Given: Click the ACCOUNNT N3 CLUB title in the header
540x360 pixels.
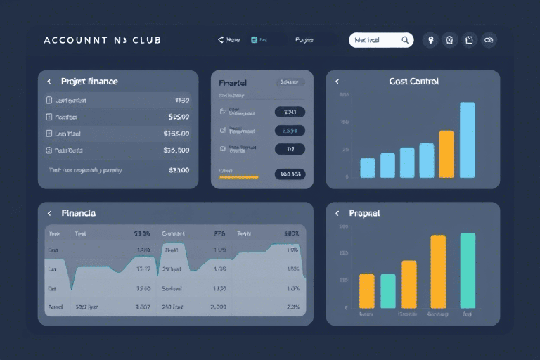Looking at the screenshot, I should coord(102,40).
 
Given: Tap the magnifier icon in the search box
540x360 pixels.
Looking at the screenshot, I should coord(405,40).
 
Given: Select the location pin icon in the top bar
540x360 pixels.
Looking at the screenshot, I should coord(431,40).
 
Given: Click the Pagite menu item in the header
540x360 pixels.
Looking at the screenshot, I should coord(304,40).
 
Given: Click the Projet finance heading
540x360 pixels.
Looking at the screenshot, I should coord(89,82).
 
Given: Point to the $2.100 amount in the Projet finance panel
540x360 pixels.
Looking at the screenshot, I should coord(179,170).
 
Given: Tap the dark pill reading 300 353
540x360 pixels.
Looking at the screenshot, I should coord(290,174).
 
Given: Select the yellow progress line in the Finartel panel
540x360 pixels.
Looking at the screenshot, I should coord(239,177).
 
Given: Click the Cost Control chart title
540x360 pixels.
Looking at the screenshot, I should coord(413,82).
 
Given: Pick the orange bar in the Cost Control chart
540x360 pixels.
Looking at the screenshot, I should coord(446,154).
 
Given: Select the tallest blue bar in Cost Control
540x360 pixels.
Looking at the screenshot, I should coord(468,140).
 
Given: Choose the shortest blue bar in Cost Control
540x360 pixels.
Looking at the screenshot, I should coord(368,167).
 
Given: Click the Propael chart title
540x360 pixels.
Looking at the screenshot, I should coord(364,212).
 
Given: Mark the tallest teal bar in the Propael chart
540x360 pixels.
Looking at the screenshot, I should coord(468,270).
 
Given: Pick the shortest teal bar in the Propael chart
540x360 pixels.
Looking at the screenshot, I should coord(388,290).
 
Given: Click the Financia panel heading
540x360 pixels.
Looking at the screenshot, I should coord(79,212).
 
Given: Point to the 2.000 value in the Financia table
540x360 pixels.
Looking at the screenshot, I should coord(218,307).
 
